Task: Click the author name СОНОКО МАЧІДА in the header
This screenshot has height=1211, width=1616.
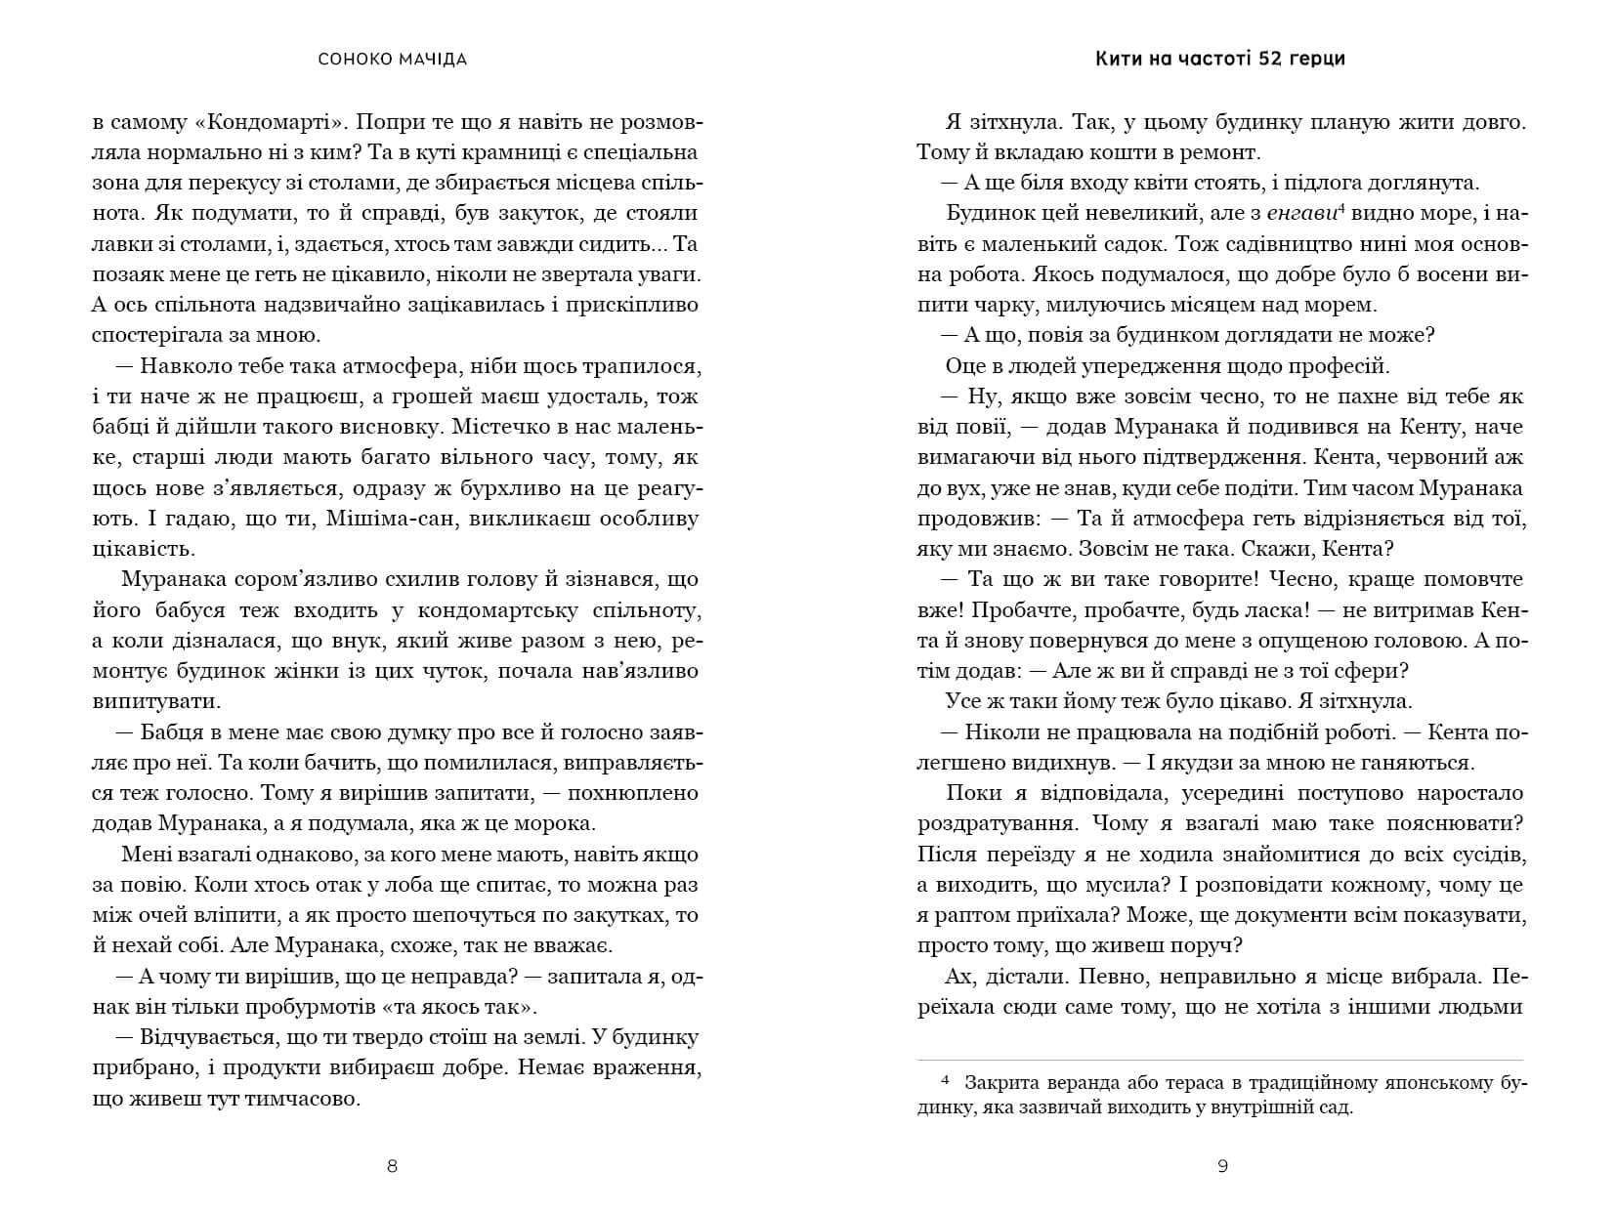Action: point(393,60)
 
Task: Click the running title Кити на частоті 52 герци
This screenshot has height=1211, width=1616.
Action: point(1220,59)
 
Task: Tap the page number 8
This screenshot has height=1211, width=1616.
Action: point(393,1165)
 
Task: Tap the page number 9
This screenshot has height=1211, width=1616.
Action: point(1223,1165)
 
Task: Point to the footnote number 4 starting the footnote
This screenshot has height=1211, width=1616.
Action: point(944,1083)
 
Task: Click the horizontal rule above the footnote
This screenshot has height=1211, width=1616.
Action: point(1220,1061)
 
